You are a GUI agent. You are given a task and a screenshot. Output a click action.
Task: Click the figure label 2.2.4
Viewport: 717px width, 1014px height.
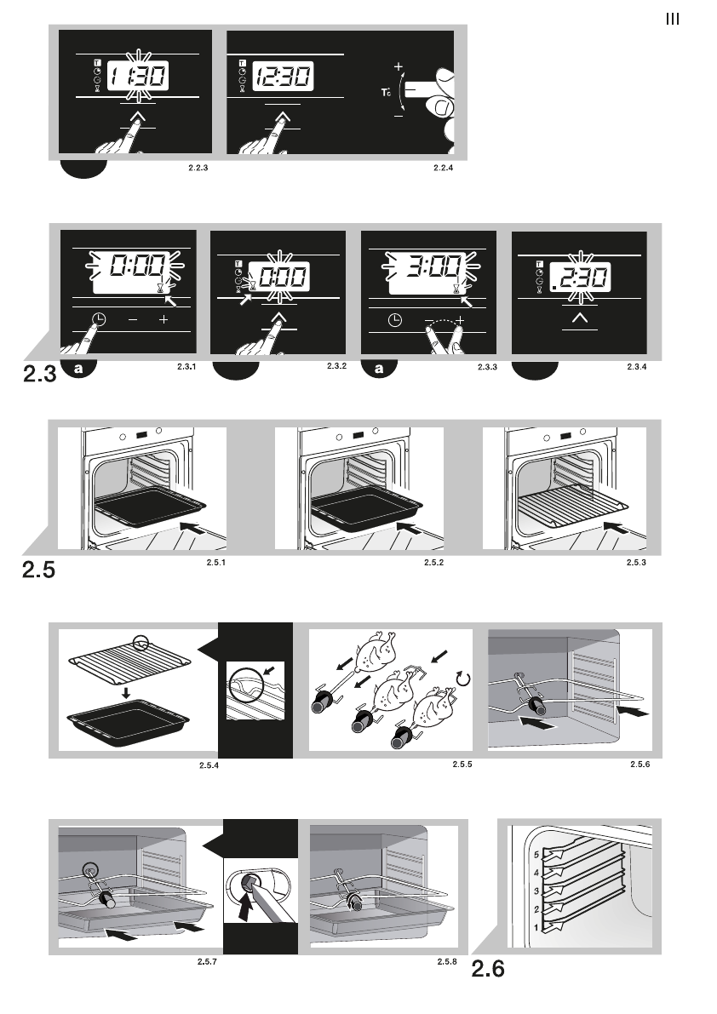(x=444, y=168)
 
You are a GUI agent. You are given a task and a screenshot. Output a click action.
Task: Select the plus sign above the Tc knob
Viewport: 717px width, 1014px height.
(x=398, y=66)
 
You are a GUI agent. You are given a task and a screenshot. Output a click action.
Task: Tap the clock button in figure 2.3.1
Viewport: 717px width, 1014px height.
(x=100, y=319)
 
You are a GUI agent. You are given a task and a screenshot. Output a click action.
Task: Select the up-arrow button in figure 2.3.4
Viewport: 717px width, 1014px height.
(x=580, y=318)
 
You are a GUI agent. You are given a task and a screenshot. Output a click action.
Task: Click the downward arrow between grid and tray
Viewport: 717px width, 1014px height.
(x=126, y=693)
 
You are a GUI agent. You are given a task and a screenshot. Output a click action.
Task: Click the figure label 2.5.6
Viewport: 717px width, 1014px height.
(x=640, y=764)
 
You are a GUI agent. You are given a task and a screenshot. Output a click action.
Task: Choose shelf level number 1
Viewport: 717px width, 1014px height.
(x=534, y=926)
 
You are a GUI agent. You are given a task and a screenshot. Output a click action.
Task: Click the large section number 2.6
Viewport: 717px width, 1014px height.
(x=488, y=969)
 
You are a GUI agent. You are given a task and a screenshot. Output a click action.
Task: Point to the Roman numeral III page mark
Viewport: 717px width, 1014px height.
(x=672, y=20)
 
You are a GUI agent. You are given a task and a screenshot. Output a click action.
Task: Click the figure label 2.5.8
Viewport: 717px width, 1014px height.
(x=447, y=961)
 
